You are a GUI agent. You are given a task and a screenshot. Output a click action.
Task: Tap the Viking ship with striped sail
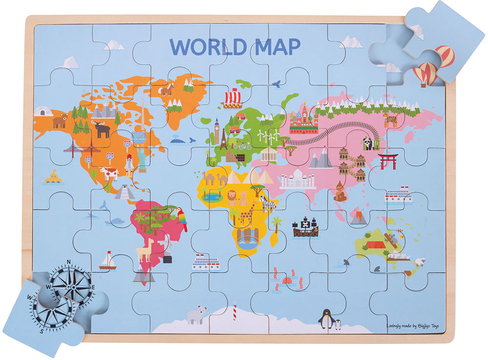point(232,99)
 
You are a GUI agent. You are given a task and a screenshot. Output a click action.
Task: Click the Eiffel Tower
point(224,139)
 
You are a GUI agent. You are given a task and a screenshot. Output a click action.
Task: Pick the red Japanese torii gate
point(388,161)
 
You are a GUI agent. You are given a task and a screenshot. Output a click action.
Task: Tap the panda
point(367,143)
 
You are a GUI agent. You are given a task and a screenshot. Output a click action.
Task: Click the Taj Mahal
point(298,179)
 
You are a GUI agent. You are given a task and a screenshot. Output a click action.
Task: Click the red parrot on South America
point(182,218)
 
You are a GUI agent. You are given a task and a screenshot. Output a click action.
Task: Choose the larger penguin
point(326,319)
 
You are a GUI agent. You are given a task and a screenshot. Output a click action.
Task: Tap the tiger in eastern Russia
point(390,119)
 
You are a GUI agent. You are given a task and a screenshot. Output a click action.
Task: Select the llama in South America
point(144,250)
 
